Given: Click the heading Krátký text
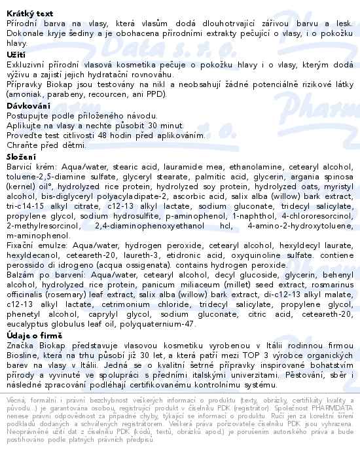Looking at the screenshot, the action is pos(26,5).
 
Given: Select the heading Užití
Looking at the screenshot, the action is pos(15,55).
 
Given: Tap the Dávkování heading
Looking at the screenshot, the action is pos(27,105).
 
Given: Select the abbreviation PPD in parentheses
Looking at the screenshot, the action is pos(153,94).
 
